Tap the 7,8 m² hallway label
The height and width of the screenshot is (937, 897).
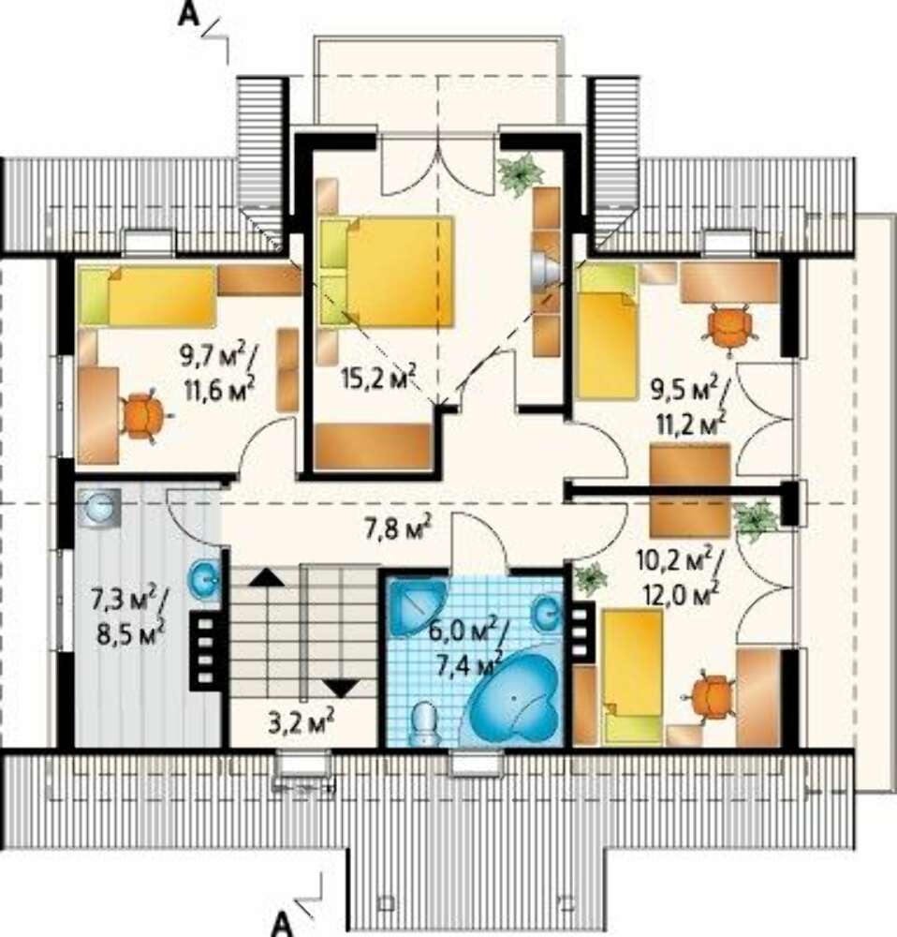pos(397,528)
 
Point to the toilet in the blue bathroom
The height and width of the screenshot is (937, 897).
pos(424,723)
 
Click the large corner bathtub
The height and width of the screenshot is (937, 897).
pos(514,699)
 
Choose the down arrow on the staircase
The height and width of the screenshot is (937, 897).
pos(341,688)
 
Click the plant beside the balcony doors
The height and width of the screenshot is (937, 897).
pos(522,172)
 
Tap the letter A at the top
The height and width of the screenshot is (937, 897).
pos(188,14)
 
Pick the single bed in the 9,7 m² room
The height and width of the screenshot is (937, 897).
pos(147,296)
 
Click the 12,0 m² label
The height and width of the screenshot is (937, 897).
pos(682,592)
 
